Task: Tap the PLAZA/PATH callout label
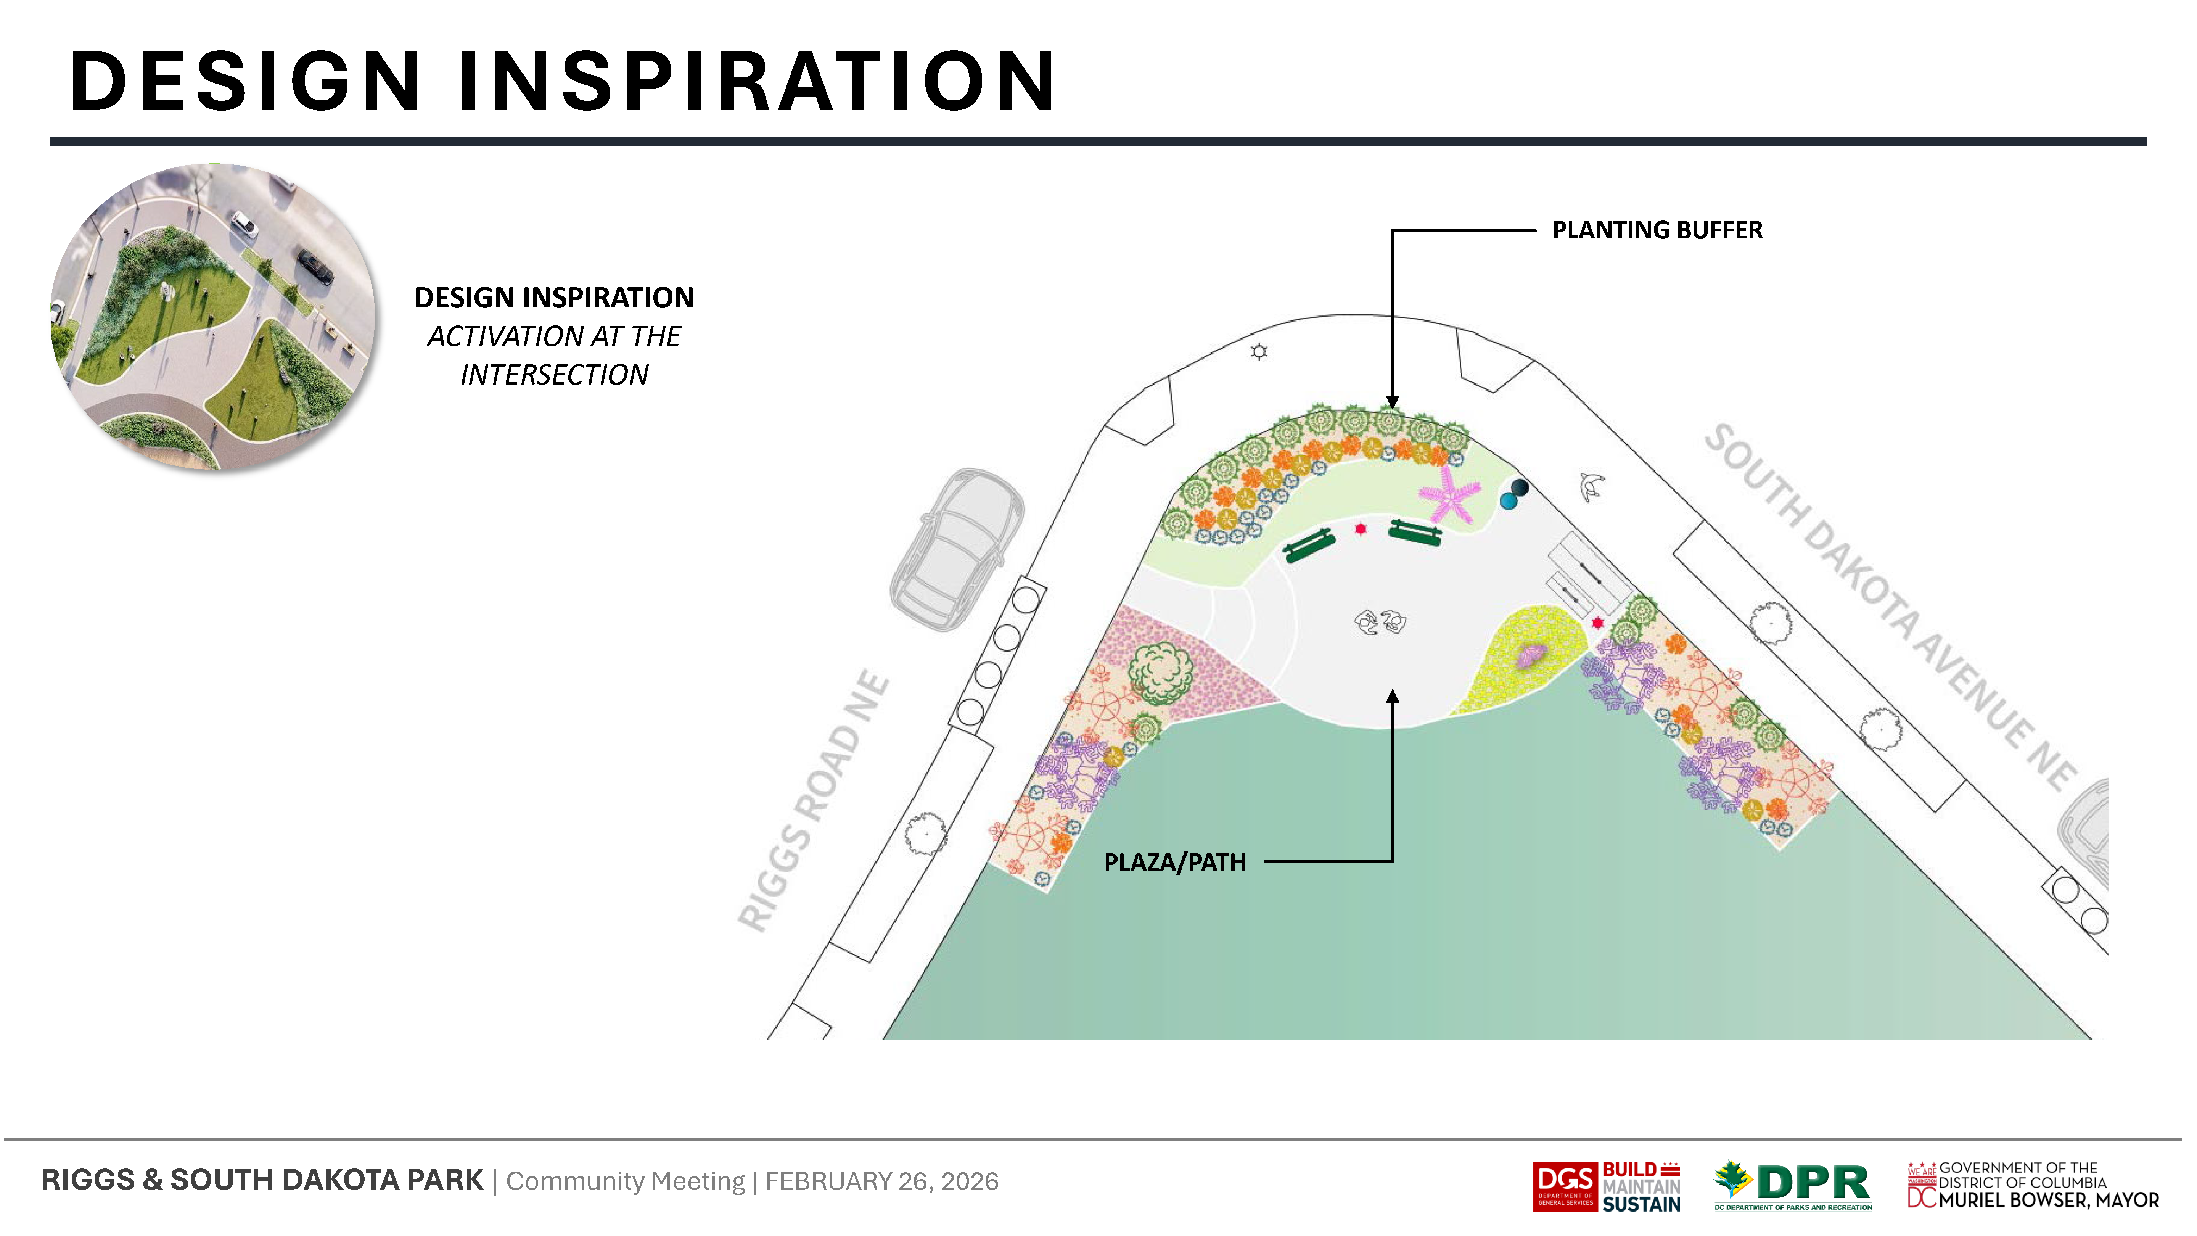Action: (x=1174, y=863)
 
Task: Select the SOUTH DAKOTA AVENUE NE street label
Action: (x=1891, y=607)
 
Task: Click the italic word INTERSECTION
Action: (x=554, y=375)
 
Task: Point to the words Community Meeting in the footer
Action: (x=625, y=1181)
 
